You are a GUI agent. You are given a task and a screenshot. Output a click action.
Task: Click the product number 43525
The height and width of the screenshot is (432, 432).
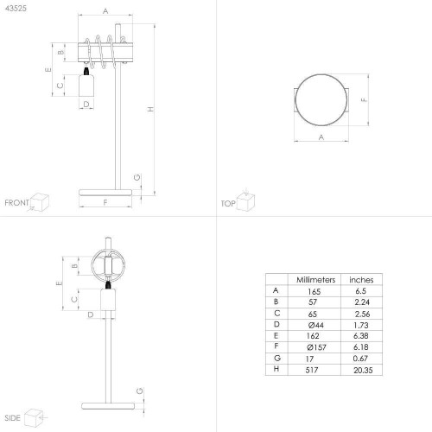coord(16,9)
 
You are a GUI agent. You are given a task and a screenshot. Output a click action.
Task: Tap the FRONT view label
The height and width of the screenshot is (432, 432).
coord(17,203)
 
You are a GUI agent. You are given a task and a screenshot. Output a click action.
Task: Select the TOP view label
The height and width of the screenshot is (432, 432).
coord(228,204)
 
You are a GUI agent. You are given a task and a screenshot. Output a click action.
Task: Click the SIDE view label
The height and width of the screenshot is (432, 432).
coord(12,418)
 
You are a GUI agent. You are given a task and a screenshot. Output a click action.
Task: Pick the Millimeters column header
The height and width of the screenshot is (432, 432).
coord(316,280)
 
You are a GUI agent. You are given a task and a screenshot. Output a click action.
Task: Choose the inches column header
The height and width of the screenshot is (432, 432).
coord(361,280)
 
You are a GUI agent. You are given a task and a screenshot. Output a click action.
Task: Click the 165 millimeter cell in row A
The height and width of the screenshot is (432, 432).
coord(314,292)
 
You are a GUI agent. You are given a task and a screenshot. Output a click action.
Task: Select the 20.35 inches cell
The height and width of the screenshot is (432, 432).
coord(363,370)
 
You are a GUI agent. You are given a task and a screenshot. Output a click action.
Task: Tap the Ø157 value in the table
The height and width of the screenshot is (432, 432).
coord(316,347)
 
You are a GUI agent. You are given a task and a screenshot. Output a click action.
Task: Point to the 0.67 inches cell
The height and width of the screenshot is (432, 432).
coord(360,359)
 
